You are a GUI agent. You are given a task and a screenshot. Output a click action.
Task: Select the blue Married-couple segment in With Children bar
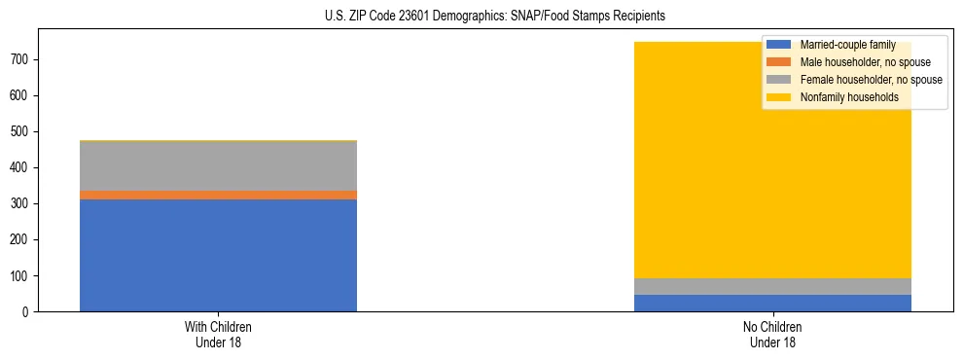point(218,255)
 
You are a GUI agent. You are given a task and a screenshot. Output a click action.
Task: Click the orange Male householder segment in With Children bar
point(218,195)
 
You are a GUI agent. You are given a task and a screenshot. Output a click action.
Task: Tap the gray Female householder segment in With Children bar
point(218,165)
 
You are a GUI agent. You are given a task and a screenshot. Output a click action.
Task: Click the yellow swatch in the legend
point(779,97)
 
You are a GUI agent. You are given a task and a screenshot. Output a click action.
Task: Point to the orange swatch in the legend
point(779,62)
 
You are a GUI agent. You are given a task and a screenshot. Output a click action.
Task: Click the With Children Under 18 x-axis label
point(218,335)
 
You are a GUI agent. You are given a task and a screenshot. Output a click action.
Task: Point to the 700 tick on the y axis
point(22,60)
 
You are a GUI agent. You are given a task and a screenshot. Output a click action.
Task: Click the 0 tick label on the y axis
point(29,312)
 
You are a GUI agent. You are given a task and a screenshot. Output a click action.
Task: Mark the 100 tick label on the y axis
point(22,276)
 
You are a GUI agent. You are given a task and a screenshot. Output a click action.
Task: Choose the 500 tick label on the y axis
point(22,132)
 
